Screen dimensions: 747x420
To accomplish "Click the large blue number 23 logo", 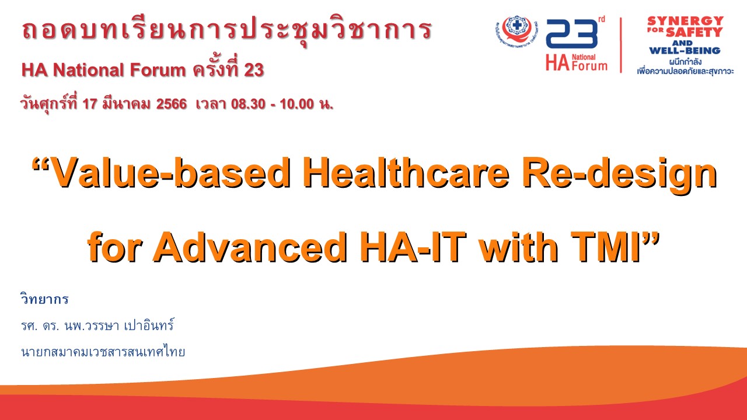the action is (x=571, y=34).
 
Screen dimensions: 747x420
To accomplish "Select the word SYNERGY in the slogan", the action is (x=685, y=20).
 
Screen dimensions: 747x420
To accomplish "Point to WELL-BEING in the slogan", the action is (x=685, y=51).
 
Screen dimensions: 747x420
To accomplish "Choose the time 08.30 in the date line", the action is (x=248, y=104).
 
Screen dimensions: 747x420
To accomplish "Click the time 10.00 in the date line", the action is (x=297, y=104).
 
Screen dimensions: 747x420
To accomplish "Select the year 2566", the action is (x=172, y=104).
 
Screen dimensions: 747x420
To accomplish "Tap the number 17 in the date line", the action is (x=89, y=104).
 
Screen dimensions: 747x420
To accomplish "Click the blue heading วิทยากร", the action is (x=45, y=299).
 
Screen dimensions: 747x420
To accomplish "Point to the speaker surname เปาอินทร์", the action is (x=149, y=325).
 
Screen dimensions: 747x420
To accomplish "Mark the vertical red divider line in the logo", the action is (x=621, y=45).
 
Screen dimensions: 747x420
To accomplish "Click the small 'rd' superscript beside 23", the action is (x=601, y=19).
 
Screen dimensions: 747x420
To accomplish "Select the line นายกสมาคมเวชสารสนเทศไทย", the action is (x=103, y=352).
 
